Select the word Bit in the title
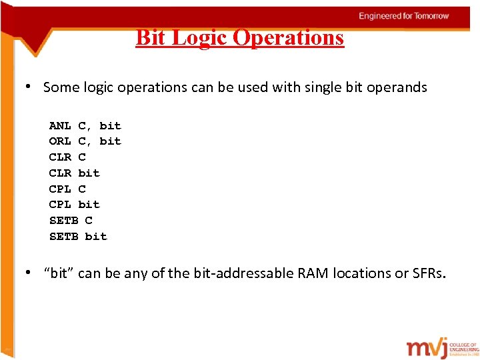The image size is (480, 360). tap(151, 37)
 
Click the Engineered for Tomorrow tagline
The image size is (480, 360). tap(404, 15)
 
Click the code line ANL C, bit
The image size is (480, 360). tap(85, 125)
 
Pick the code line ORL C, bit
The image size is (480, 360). tap(85, 141)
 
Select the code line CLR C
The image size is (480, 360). tap(67, 157)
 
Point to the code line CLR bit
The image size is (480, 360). tap(74, 173)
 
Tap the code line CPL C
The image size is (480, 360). tap(67, 189)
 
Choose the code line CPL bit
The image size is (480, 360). tap(74, 204)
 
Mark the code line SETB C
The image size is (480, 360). tap(71, 220)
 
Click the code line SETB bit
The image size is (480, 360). tap(78, 236)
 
